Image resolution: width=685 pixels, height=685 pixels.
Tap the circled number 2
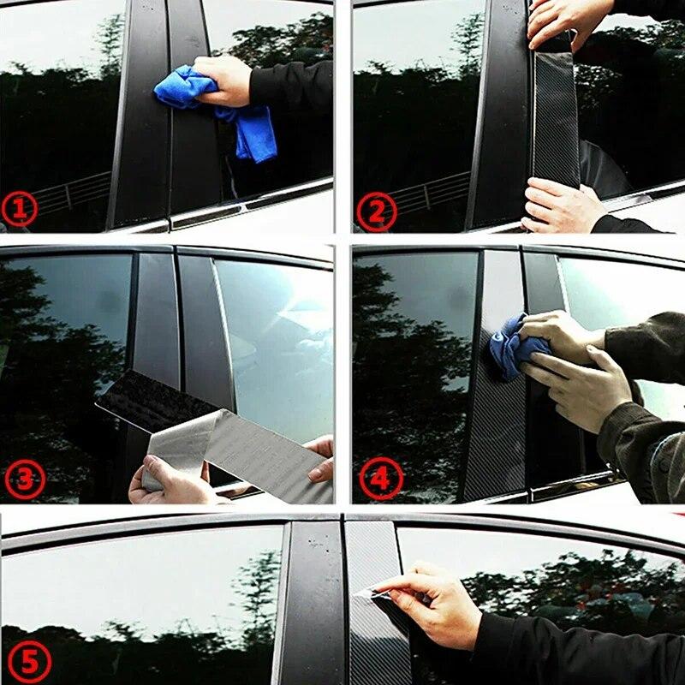[x=376, y=211]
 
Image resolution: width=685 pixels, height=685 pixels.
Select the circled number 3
[x=24, y=479]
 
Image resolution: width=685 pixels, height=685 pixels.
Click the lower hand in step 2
[x=561, y=205]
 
